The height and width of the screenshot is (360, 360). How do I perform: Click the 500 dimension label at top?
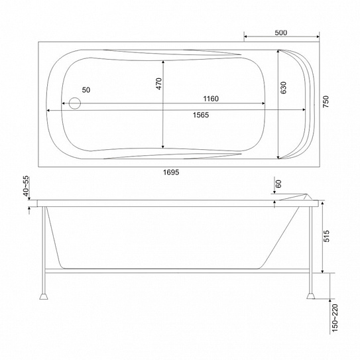click(281, 32)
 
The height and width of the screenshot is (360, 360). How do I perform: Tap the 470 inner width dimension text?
click(159, 84)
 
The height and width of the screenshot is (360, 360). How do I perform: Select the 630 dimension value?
click(284, 88)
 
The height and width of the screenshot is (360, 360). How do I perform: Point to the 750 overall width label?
click(326, 101)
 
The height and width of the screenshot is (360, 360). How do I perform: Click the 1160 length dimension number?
click(211, 99)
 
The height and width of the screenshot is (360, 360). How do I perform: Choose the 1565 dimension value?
click(201, 115)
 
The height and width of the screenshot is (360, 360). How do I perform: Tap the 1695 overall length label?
click(171, 172)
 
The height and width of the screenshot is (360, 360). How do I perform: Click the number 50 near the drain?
click(86, 90)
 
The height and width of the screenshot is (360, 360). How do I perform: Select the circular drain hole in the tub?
click(75, 103)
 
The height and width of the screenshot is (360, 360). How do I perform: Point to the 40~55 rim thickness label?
click(27, 186)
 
